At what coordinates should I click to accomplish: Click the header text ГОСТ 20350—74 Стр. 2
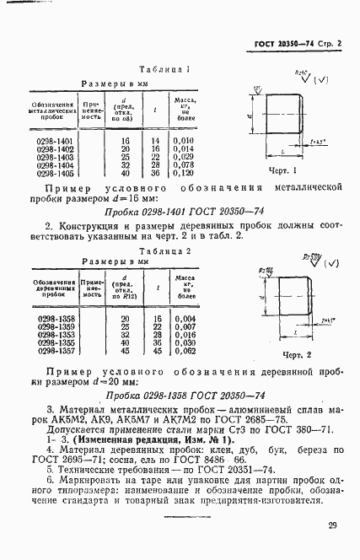click(x=302, y=43)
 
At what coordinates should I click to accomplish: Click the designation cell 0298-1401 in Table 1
click(x=54, y=140)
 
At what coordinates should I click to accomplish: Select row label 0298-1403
click(x=54, y=156)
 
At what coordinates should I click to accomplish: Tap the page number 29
click(x=333, y=525)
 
